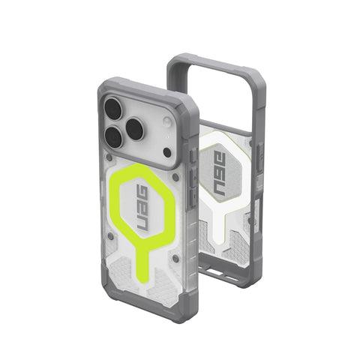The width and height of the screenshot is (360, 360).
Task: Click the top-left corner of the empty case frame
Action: (x=174, y=61)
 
